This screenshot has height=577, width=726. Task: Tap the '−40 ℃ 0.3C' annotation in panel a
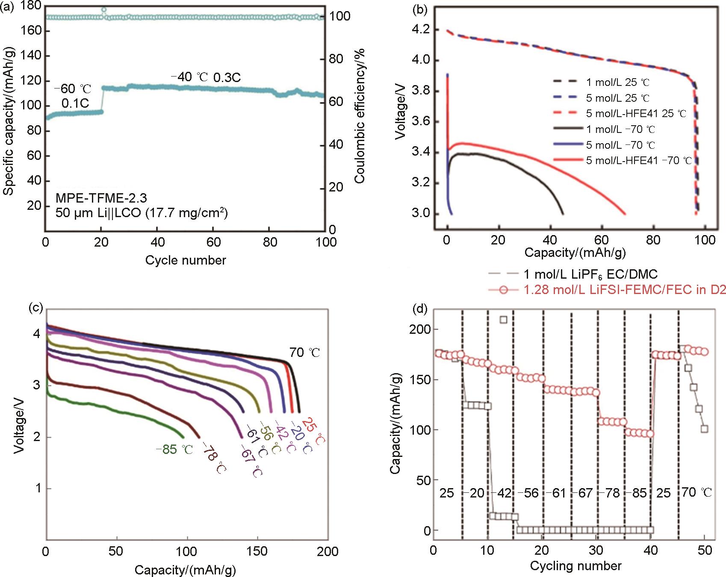[206, 77]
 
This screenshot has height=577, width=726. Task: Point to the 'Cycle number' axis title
[186, 260]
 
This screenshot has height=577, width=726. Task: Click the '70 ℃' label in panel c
[305, 353]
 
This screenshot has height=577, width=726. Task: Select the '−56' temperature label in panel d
[528, 493]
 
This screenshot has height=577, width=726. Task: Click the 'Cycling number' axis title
[575, 566]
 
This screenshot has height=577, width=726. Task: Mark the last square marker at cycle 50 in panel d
[705, 429]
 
